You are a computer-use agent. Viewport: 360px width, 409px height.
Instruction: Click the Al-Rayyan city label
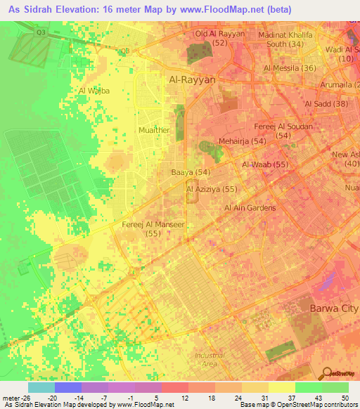tap(192, 80)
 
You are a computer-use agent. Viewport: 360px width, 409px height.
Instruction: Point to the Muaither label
tap(154, 130)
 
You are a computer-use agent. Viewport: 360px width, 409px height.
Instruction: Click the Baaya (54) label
tap(191, 172)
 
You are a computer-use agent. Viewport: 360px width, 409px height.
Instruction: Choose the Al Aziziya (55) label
tap(211, 190)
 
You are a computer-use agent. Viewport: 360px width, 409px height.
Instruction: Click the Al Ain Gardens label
tap(250, 208)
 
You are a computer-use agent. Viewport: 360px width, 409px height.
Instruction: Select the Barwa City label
tap(334, 309)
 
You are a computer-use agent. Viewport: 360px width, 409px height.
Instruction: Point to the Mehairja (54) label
tap(242, 141)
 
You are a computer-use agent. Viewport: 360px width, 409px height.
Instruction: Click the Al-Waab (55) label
tap(266, 164)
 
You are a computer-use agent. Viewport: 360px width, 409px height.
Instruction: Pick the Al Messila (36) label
tap(290, 68)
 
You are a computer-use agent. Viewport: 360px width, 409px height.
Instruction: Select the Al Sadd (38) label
tap(327, 104)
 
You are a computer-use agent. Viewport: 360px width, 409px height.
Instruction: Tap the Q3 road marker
tap(41, 32)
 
